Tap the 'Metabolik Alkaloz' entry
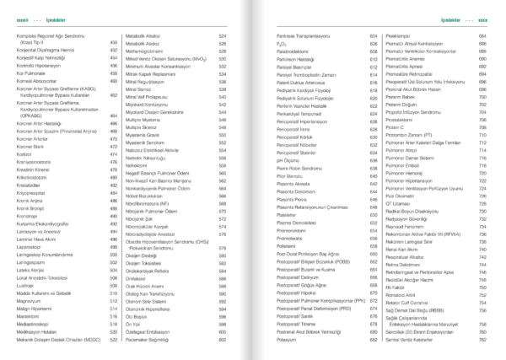150,37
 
